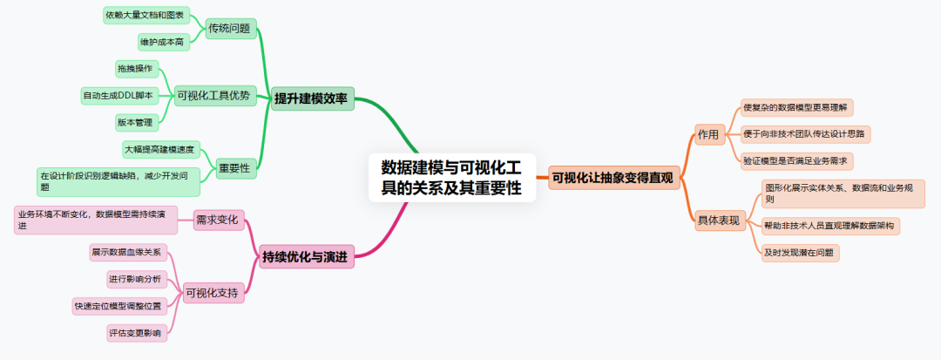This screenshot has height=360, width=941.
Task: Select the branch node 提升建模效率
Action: pyautogui.click(x=311, y=98)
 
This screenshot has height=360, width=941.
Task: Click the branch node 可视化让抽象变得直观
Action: pyautogui.click(x=613, y=178)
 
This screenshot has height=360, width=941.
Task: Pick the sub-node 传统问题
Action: pyautogui.click(x=229, y=29)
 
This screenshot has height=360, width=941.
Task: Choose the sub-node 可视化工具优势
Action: pyautogui.click(x=213, y=96)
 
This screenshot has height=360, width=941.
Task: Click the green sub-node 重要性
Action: pyautogui.click(x=233, y=168)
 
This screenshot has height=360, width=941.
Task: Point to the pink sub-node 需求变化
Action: pyautogui.click(x=216, y=220)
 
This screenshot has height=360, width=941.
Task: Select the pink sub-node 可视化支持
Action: pyautogui.click(x=212, y=293)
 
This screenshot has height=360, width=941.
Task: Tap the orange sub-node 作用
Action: pyautogui.click(x=707, y=134)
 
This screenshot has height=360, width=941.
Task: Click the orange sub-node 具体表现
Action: pyautogui.click(x=718, y=220)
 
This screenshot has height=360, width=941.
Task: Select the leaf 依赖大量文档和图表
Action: pyautogui.click(x=146, y=15)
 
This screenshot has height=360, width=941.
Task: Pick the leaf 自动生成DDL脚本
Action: pyautogui.click(x=118, y=95)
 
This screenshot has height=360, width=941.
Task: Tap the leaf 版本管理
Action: pyautogui.click(x=134, y=122)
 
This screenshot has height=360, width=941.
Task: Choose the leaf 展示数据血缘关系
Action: pyautogui.click(x=127, y=253)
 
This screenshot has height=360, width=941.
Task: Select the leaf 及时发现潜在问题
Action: pyautogui.click(x=799, y=253)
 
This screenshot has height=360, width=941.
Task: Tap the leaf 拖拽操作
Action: pyautogui.click(x=134, y=68)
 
